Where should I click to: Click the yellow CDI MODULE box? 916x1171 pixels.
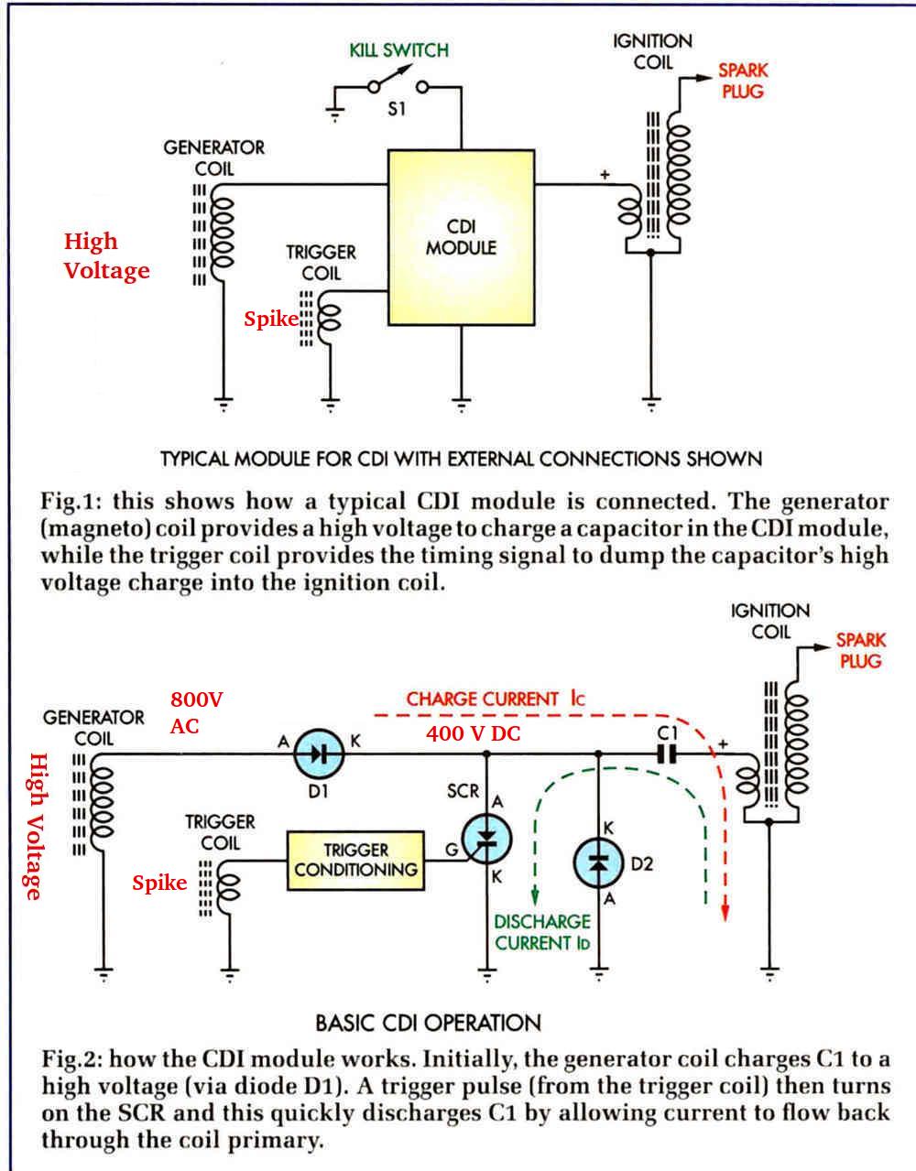[x=462, y=238]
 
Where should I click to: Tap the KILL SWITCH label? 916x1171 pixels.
[x=399, y=50]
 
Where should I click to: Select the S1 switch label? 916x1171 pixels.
[x=397, y=109]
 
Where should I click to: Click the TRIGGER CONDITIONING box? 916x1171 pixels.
[x=355, y=861]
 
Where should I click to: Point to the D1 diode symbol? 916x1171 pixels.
[x=319, y=754]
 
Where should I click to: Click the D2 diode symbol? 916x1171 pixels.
[x=598, y=862]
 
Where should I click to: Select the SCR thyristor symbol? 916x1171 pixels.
[x=486, y=839]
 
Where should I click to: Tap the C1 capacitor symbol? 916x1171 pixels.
[x=667, y=754]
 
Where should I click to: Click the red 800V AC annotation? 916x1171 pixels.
[x=196, y=712]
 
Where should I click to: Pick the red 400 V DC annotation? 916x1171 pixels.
[x=474, y=733]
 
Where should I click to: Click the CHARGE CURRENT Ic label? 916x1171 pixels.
[x=496, y=699]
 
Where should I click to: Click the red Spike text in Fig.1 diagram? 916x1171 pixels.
[x=270, y=319]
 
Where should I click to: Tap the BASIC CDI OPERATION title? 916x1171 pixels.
[x=428, y=1023]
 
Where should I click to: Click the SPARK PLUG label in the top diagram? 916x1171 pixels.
[x=743, y=81]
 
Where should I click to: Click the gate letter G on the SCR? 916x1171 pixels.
[x=452, y=850]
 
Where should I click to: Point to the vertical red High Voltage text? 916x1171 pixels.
[x=37, y=827]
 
